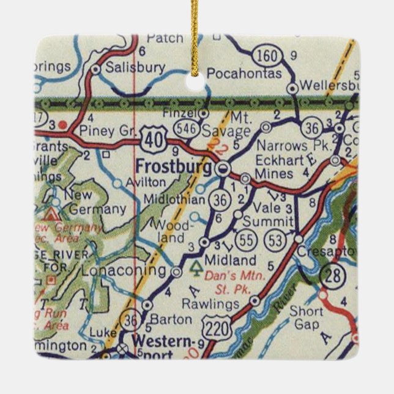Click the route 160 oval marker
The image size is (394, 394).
[269, 56]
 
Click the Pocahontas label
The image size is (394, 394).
[244, 74]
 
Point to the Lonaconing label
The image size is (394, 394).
[123, 270]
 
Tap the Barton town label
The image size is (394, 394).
[166, 319]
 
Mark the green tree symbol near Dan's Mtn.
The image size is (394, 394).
[196, 266]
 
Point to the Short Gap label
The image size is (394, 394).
[306, 316]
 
